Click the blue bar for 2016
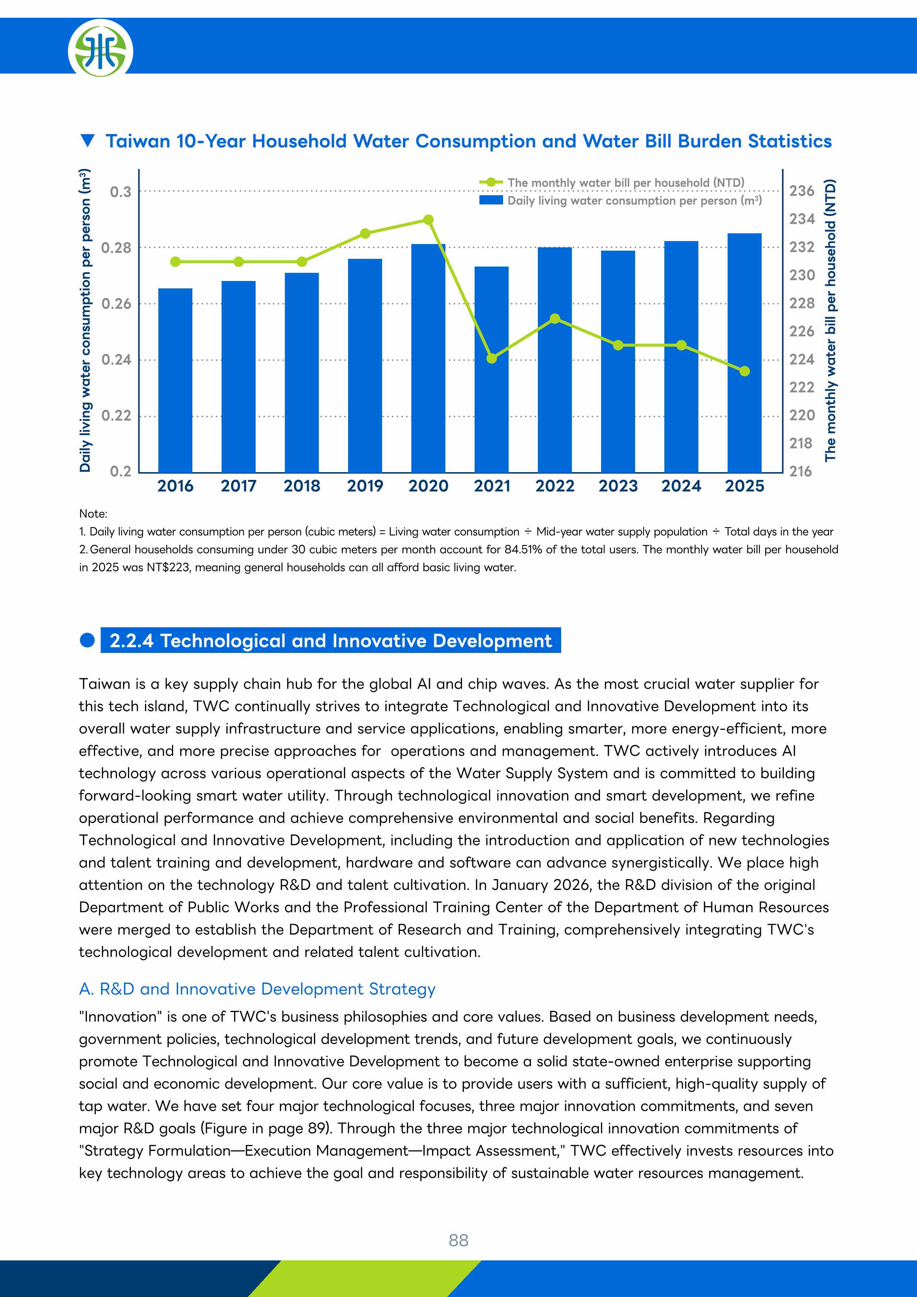[175, 380]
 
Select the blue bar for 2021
[492, 369]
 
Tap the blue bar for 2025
[745, 352]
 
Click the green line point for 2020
[428, 220]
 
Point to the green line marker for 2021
[492, 359]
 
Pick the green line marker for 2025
[745, 371]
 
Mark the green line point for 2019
[365, 233]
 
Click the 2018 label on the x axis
[302, 486]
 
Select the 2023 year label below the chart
[618, 486]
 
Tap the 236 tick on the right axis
[802, 191]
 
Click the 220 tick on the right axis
[802, 415]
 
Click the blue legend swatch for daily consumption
[491, 200]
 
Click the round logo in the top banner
[101, 48]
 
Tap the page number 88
[458, 1240]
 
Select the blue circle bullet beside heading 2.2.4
[87, 640]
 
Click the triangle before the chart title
[88, 140]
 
